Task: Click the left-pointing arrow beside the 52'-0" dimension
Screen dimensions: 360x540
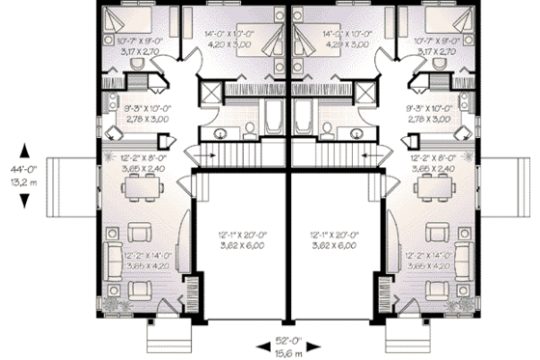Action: click(x=260, y=346)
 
